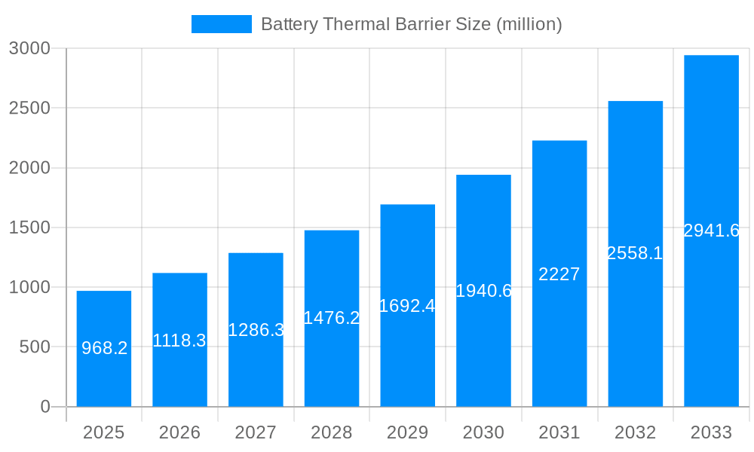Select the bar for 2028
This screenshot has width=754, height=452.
click(x=332, y=362)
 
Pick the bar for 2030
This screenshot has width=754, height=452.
click(x=483, y=347)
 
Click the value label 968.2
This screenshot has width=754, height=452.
click(x=104, y=348)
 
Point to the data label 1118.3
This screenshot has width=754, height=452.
click(x=179, y=341)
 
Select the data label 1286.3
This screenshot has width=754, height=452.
click(x=256, y=330)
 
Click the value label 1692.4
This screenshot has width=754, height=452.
click(x=407, y=306)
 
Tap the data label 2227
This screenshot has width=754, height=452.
click(x=559, y=274)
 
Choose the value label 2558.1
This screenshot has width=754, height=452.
click(x=635, y=253)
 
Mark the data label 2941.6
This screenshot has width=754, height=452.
click(x=711, y=231)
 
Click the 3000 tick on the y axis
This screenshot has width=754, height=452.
click(x=29, y=48)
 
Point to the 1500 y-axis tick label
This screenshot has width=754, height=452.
click(x=29, y=228)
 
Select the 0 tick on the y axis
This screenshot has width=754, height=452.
click(x=44, y=407)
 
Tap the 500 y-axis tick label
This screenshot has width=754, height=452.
click(x=34, y=347)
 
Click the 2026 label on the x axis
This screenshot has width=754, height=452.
click(x=179, y=432)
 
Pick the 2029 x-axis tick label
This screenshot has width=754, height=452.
click(x=407, y=432)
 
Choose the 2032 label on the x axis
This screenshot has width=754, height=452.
click(x=635, y=432)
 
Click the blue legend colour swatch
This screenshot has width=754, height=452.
click(x=221, y=24)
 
